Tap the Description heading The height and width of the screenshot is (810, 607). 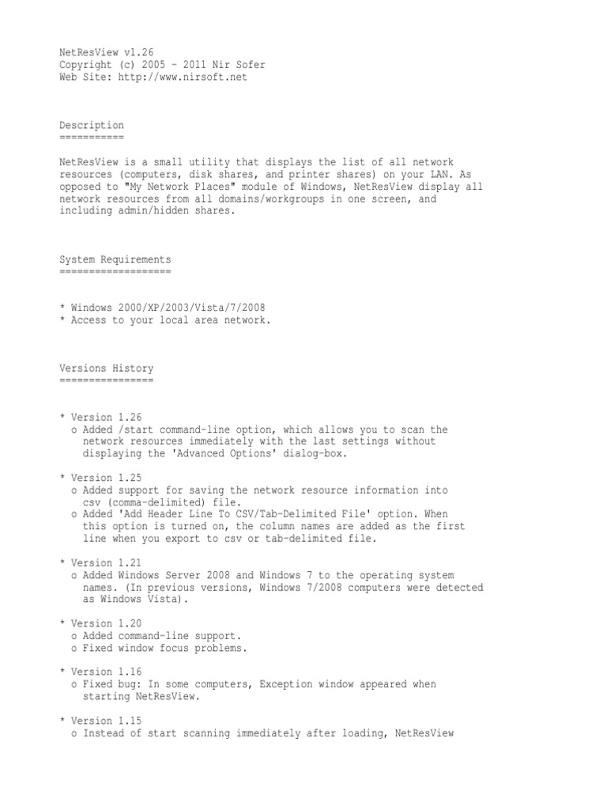tap(92, 125)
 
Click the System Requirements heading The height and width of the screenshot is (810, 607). tap(115, 259)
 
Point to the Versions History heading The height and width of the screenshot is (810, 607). tap(107, 369)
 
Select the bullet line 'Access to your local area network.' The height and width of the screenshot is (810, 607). tap(171, 320)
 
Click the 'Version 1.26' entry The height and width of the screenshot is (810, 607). tap(106, 417)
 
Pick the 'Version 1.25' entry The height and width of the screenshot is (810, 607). tap(106, 478)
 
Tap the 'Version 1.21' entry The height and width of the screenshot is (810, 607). tap(106, 562)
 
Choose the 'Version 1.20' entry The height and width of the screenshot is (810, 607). tap(106, 623)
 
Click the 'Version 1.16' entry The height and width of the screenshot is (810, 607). tap(106, 672)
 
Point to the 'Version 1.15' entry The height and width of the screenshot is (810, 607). tap(106, 721)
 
